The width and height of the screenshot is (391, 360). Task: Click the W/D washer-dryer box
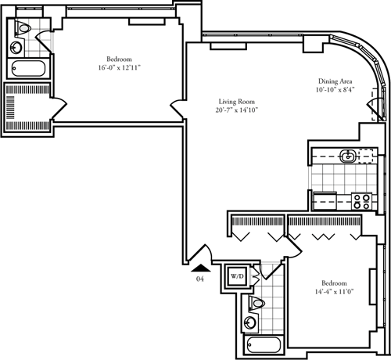(237, 277)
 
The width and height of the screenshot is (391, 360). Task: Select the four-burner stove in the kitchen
(361, 200)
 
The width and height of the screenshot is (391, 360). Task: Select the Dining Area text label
(334, 81)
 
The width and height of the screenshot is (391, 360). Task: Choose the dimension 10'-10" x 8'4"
(334, 91)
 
